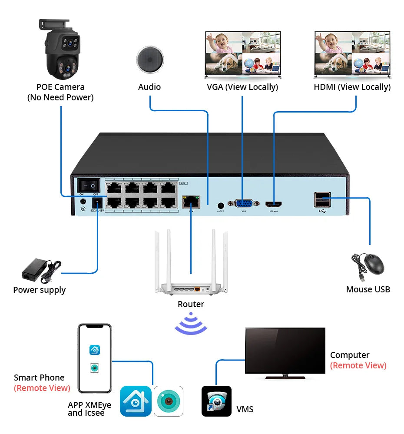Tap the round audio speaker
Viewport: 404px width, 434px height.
[x=150, y=59]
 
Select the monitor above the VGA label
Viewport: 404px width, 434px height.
[x=242, y=54]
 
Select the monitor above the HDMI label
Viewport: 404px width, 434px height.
[x=352, y=54]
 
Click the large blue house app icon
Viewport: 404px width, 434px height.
[x=136, y=401]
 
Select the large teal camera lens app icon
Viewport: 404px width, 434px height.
[x=169, y=401]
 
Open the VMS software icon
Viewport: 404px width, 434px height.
[x=216, y=401]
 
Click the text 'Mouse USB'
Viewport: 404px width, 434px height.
[x=368, y=289]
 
